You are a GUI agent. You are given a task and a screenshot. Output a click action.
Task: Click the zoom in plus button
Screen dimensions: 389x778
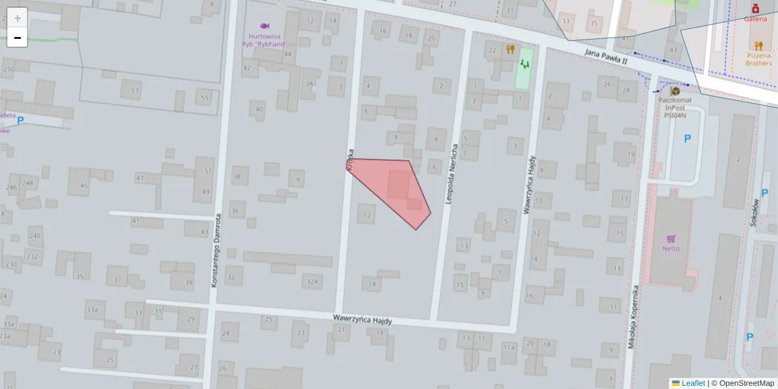coord(18,18)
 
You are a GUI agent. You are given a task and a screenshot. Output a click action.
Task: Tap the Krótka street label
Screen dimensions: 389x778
coord(350,160)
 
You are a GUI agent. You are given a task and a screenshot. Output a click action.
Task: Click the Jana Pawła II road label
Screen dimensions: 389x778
coord(606,56)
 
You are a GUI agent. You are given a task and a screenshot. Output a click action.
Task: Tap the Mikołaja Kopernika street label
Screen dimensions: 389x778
coord(633,317)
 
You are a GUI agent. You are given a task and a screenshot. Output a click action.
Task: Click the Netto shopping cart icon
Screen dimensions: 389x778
coord(671,238)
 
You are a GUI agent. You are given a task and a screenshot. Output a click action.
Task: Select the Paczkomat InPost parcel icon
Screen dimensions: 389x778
coord(675,91)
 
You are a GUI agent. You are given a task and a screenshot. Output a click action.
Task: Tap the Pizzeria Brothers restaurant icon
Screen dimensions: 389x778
coord(759,45)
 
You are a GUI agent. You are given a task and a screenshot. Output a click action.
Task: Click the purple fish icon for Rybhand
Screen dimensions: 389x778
coord(265,26)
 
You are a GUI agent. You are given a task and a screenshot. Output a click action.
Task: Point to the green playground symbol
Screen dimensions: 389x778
coord(524,64)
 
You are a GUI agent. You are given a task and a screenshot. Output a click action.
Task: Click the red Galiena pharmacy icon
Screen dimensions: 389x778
coord(756,9)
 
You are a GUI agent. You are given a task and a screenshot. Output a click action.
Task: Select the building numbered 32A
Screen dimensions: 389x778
coord(313,281)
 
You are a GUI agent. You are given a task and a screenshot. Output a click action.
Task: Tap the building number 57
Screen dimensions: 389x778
coord(135,91)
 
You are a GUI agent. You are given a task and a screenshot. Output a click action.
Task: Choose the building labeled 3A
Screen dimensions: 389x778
coord(310,84)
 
